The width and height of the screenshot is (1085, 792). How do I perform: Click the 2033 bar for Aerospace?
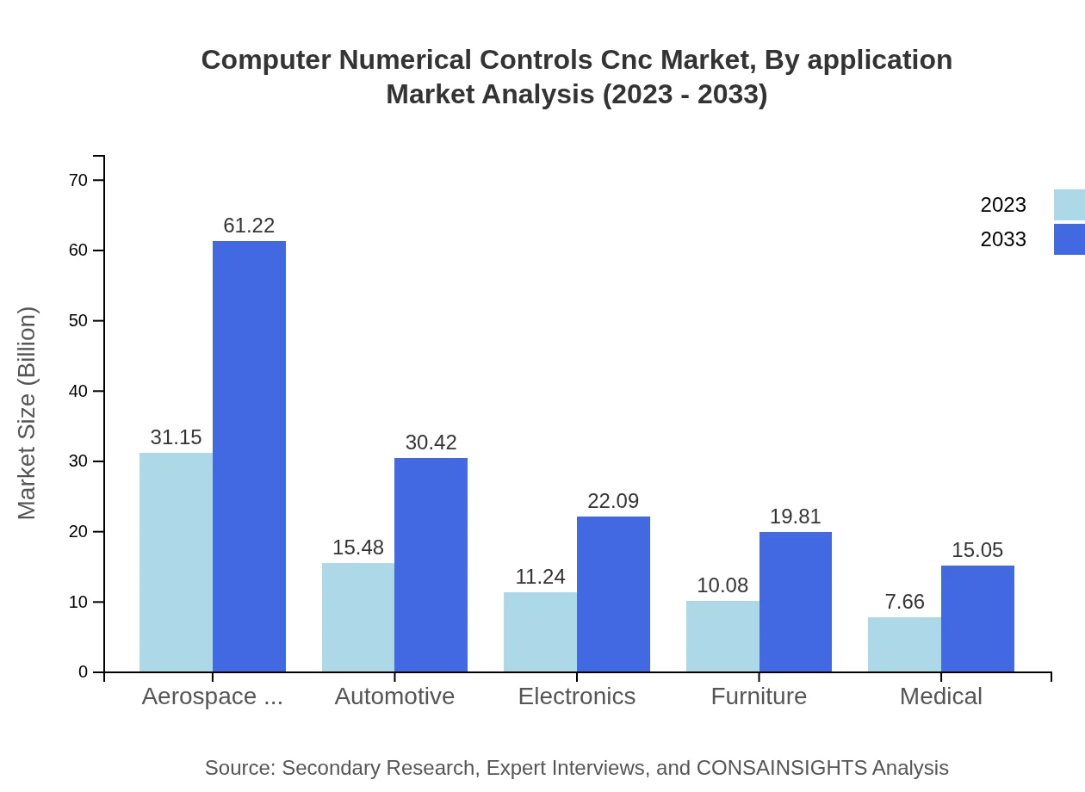click(x=249, y=456)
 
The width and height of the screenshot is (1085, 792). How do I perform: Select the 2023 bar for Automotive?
click(x=358, y=617)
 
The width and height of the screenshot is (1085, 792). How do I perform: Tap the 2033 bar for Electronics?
click(x=613, y=594)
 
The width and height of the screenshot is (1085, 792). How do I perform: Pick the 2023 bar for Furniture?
click(x=722, y=636)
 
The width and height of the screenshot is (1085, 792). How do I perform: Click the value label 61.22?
click(x=249, y=226)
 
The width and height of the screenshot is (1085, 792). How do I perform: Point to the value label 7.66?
click(x=904, y=602)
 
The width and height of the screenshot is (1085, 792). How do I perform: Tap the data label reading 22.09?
click(x=613, y=501)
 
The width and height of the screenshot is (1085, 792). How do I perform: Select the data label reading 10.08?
click(x=722, y=585)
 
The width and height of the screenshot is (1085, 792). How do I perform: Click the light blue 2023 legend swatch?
click(x=1069, y=205)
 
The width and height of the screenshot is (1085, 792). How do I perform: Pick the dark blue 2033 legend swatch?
click(x=1069, y=239)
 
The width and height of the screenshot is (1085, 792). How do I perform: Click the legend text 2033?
click(x=1003, y=239)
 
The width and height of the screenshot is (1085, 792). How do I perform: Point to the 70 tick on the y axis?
click(x=78, y=180)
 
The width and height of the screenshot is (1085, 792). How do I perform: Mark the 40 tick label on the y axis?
click(x=78, y=391)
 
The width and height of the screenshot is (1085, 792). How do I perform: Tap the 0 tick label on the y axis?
click(x=84, y=671)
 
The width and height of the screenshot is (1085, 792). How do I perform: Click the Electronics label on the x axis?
click(x=577, y=696)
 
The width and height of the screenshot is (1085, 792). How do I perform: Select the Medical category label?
click(x=941, y=696)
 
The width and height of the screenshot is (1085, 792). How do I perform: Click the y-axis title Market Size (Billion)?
click(x=28, y=413)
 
